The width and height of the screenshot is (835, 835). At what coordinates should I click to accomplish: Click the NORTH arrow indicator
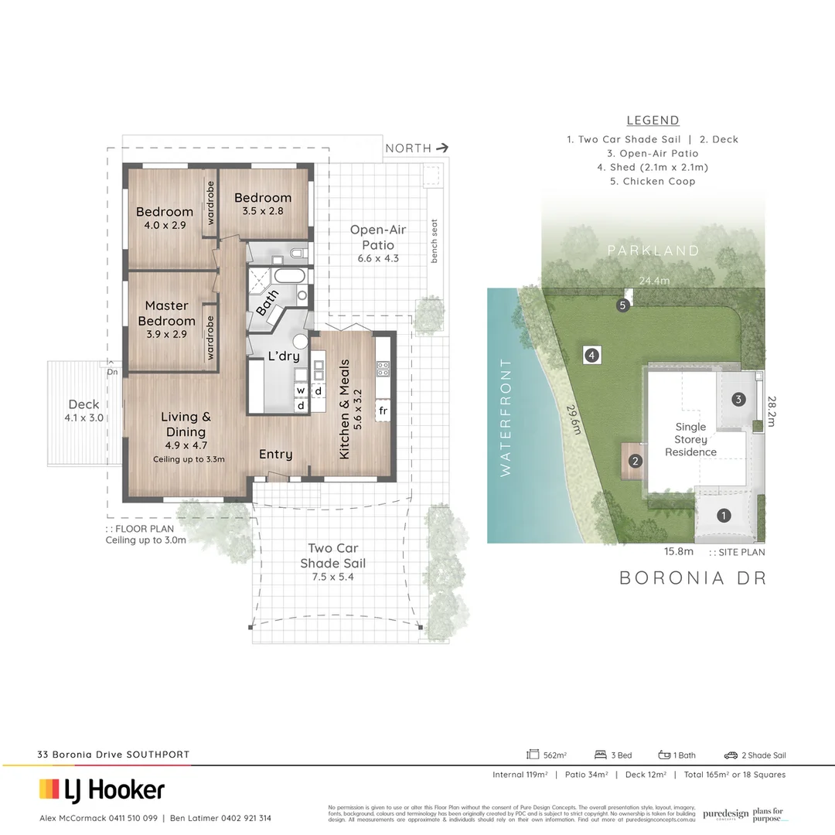442,148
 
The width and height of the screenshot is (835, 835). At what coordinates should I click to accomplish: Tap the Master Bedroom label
166,313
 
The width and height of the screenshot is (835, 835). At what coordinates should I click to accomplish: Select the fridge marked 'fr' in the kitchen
383,409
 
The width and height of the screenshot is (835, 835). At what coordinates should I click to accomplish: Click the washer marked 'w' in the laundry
301,390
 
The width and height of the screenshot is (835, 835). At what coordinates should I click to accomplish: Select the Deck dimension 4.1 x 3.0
83,418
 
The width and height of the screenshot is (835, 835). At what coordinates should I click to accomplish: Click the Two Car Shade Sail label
332,555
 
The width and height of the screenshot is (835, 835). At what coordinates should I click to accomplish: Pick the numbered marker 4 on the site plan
591,356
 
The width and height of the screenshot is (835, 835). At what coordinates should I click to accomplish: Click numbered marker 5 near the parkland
623,306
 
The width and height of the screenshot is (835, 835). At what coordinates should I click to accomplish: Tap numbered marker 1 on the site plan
724,515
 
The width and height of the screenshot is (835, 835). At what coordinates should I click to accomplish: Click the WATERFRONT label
506,417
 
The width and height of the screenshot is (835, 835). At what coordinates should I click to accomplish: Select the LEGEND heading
653,121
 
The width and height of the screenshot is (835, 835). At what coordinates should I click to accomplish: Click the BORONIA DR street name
693,578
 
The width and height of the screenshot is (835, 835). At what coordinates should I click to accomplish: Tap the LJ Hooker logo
102,789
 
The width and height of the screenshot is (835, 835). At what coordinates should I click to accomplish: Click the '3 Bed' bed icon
600,755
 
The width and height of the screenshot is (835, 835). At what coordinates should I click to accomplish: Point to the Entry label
275,455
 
